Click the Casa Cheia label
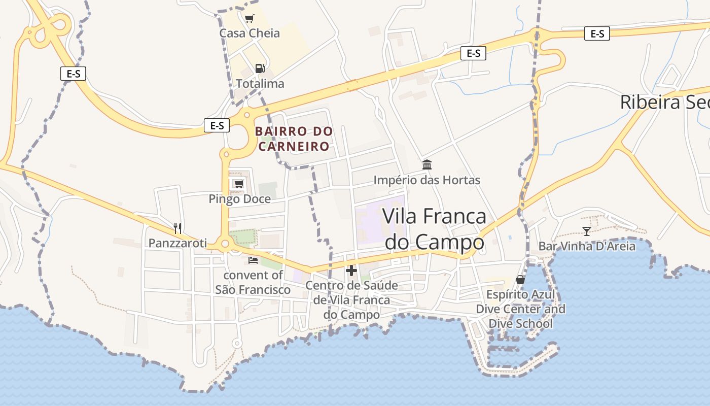point(250,33)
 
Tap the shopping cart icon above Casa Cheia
point(249,19)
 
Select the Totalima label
point(260,84)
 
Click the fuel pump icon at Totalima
point(260,69)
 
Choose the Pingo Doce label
point(240,199)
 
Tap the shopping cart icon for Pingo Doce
point(239,184)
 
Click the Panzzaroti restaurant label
point(177,244)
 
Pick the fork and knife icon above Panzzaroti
point(177,228)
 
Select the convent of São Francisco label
point(253,282)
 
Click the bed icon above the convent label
point(253,260)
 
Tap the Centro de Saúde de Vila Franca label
point(351,300)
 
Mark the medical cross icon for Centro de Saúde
point(351,270)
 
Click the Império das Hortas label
point(427,180)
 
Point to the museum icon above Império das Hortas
point(427,165)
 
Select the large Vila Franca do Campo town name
point(434,229)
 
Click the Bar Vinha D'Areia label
point(587,247)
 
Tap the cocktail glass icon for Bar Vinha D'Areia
point(587,231)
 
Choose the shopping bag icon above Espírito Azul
point(520,280)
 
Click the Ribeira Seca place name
point(664,103)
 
